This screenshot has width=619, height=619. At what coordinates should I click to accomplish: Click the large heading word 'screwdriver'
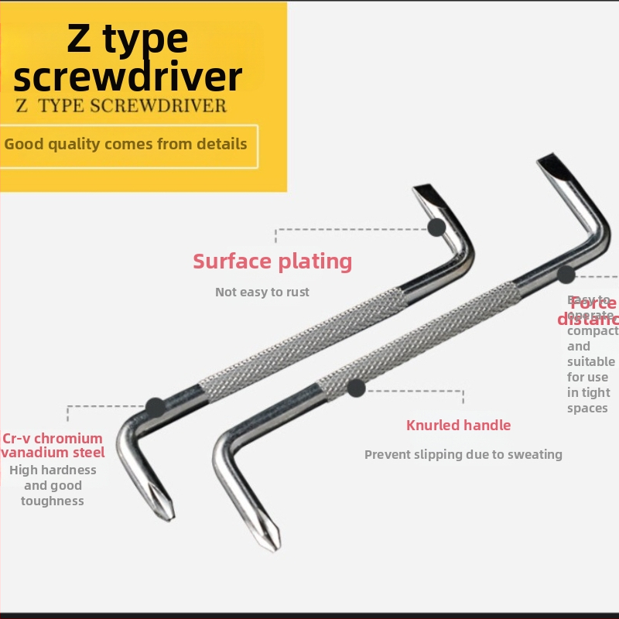pyautogui.click(x=128, y=77)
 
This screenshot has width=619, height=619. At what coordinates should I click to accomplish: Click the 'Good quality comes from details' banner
pyautogui.click(x=126, y=145)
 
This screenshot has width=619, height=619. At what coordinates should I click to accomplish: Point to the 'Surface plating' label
pyautogui.click(x=272, y=262)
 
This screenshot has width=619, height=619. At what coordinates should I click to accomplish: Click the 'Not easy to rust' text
pyautogui.click(x=262, y=292)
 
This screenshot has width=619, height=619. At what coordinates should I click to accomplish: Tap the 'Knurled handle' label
pyautogui.click(x=459, y=425)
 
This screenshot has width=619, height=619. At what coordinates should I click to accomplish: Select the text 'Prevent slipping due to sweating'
pyautogui.click(x=463, y=455)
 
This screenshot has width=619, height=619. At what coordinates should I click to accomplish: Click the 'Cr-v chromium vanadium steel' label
pyautogui.click(x=53, y=445)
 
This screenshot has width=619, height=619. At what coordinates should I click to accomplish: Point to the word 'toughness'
pyautogui.click(x=53, y=501)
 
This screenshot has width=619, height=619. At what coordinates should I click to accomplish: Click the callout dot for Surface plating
pyautogui.click(x=437, y=227)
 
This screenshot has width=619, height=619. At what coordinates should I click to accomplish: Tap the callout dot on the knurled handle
pyautogui.click(x=356, y=388)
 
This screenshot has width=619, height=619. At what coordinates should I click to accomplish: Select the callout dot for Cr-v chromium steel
pyautogui.click(x=156, y=407)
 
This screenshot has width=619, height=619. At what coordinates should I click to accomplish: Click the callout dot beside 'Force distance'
pyautogui.click(x=566, y=274)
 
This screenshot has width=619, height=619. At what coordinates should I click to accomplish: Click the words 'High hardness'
pyautogui.click(x=53, y=470)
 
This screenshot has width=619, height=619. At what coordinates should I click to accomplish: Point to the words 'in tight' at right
pyautogui.click(x=589, y=393)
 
